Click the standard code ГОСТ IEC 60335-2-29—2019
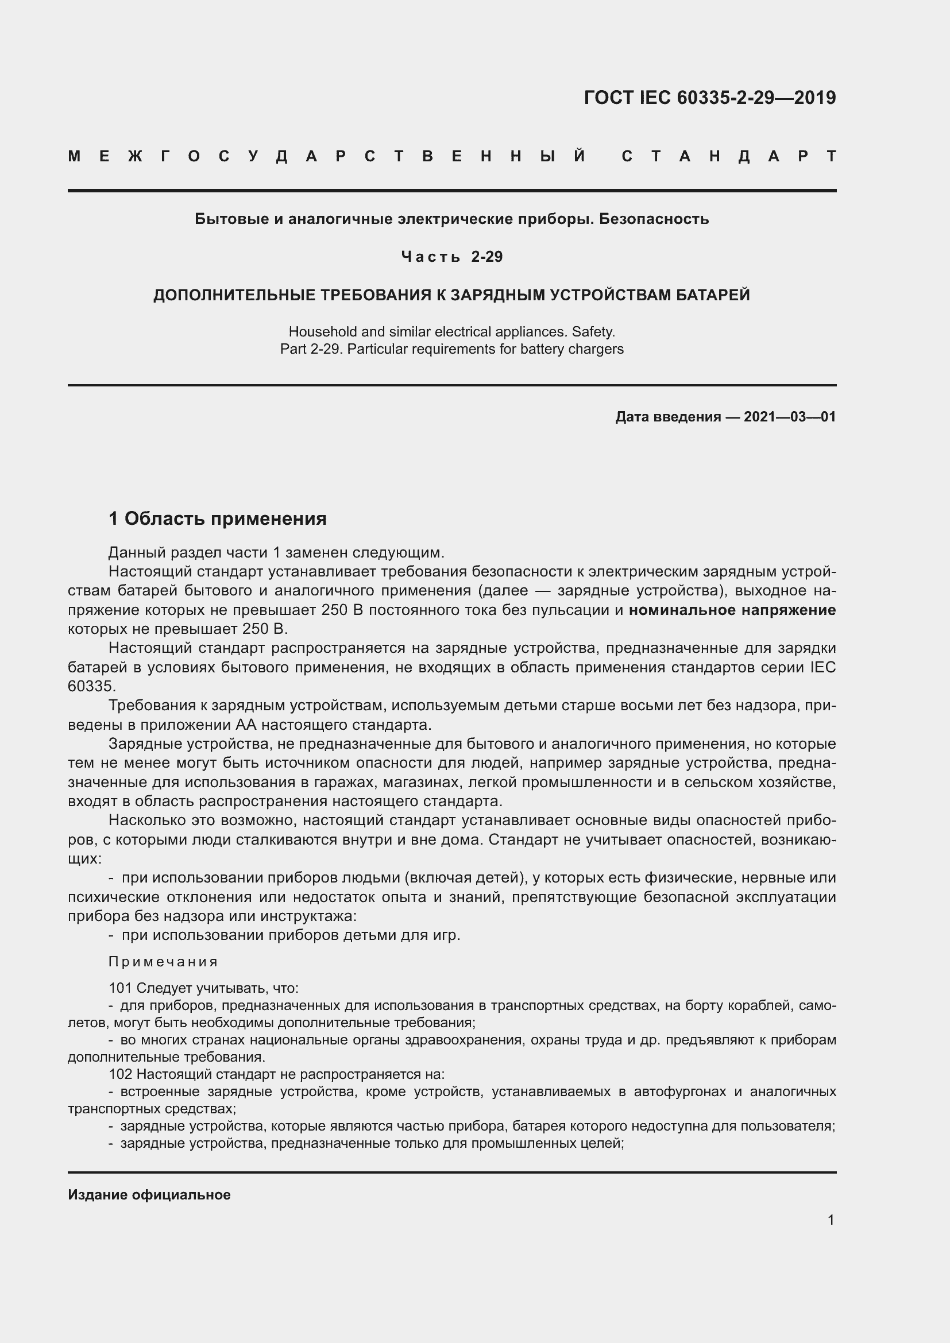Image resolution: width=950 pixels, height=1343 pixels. point(709,98)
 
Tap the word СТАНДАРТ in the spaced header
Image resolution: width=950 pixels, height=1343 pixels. point(728,157)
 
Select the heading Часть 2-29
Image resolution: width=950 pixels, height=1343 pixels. point(451,257)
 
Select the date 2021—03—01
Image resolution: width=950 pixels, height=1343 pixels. point(790,417)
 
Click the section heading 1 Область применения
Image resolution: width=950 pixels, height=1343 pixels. point(218,518)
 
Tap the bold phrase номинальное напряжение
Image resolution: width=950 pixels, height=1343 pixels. point(732,610)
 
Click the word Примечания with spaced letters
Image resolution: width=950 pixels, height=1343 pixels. point(163,962)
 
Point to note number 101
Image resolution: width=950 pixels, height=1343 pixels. point(121,988)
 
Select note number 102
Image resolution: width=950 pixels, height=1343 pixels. point(121,1074)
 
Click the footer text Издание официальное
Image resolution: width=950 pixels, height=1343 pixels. point(149,1194)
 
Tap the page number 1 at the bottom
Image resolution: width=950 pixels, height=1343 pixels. point(831,1220)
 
